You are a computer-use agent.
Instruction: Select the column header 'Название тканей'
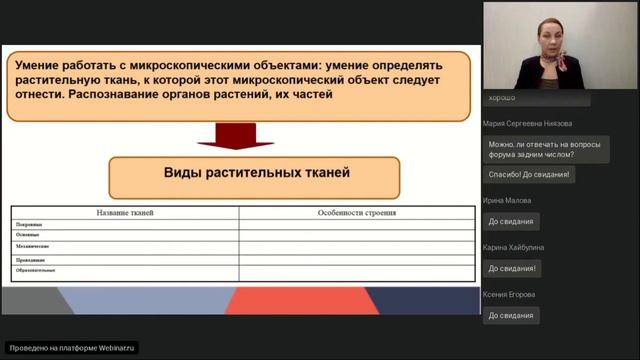[x=125, y=212]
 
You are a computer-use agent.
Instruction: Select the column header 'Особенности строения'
[x=356, y=212]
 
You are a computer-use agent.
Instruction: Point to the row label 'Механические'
[x=33, y=246]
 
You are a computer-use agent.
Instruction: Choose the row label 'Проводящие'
[x=31, y=259]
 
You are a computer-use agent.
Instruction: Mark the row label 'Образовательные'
[x=36, y=270]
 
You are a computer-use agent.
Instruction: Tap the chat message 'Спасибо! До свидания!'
[x=530, y=174]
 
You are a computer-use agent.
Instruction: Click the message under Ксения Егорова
[x=511, y=315]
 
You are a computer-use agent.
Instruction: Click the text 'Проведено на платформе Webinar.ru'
[x=72, y=348]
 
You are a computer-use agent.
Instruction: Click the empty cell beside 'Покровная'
[x=356, y=225]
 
